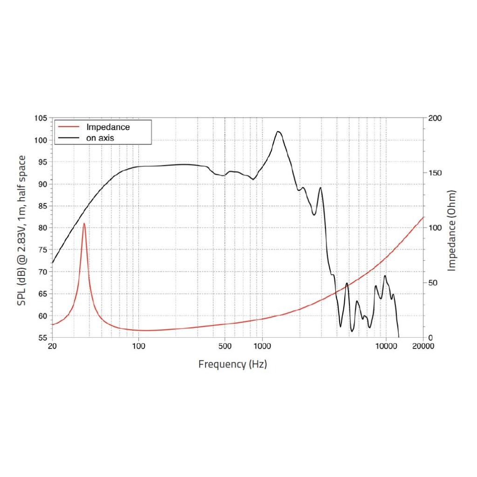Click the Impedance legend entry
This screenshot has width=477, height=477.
(x=108, y=127)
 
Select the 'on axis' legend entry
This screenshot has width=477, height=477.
(x=100, y=138)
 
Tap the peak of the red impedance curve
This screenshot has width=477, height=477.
(x=84, y=224)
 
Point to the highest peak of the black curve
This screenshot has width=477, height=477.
(x=278, y=132)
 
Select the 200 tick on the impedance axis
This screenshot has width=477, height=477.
(x=435, y=118)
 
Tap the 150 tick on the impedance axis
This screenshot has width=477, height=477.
(x=435, y=173)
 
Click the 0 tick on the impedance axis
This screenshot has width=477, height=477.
(x=431, y=337)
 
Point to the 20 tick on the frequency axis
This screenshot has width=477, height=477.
(x=52, y=346)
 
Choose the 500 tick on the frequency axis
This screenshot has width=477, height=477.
(x=225, y=346)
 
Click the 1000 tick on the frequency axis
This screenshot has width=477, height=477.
(x=262, y=346)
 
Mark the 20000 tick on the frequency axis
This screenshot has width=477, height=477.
(x=423, y=346)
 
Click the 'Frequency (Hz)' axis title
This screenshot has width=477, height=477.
(x=232, y=364)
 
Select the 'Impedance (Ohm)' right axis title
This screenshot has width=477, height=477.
(x=451, y=231)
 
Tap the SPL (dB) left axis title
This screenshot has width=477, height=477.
(x=21, y=231)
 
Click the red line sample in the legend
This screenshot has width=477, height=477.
(x=66, y=127)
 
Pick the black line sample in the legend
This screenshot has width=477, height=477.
(x=66, y=138)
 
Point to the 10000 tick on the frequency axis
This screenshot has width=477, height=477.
(x=386, y=346)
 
